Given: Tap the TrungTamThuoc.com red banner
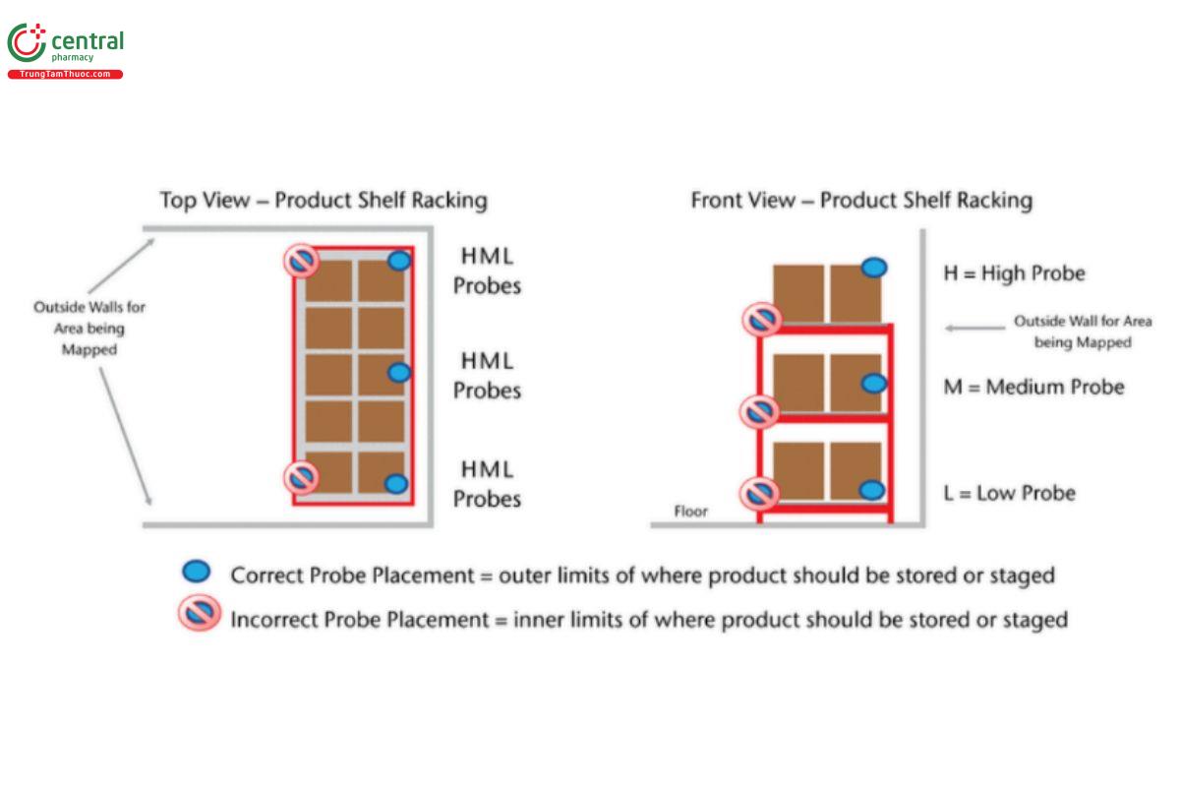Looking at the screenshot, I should [x=65, y=75].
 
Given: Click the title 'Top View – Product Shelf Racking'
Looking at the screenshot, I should [x=324, y=201].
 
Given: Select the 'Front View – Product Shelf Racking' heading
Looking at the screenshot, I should [x=861, y=201].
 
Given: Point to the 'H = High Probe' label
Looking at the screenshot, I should [x=1014, y=273].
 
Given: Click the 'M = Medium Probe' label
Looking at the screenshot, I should [x=1033, y=387].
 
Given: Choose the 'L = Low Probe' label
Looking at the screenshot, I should [x=1009, y=493].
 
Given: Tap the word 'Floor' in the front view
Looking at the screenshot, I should [x=690, y=512].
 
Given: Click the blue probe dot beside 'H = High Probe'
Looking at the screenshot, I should [x=873, y=267].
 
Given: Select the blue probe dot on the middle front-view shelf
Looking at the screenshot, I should [x=873, y=383].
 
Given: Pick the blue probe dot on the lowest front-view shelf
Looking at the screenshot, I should [x=871, y=490].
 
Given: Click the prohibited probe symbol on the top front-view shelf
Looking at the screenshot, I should [x=761, y=319].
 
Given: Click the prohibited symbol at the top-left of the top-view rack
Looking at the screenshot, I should [x=301, y=262].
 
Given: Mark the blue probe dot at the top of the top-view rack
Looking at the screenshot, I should [x=398, y=261].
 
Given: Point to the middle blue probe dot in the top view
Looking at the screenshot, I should [x=398, y=372].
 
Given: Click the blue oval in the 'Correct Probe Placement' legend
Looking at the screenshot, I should [x=197, y=572].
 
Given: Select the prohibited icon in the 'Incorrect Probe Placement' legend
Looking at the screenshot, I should [x=199, y=616].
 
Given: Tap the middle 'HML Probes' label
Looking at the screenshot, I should [x=487, y=376].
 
